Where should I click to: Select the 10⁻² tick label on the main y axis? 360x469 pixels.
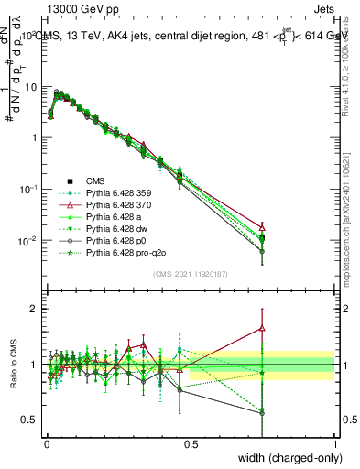tap(27, 240)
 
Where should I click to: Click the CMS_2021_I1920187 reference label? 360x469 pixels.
tap(190, 272)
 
